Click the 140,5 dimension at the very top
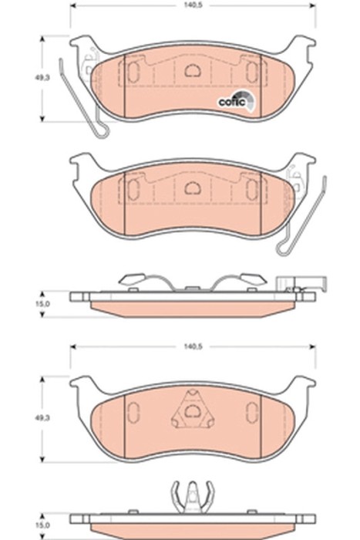(x=193, y=5)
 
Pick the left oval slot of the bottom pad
(x=132, y=413)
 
